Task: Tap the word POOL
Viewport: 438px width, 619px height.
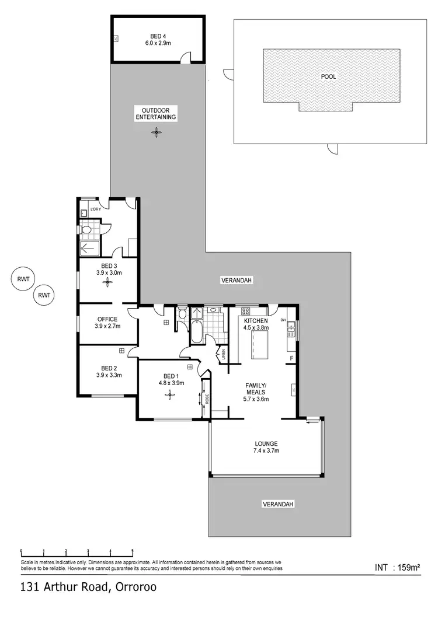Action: point(328,76)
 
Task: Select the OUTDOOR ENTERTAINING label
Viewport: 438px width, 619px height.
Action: point(155,113)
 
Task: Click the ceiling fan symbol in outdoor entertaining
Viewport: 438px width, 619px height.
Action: point(155,133)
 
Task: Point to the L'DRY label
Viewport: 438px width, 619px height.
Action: point(96,209)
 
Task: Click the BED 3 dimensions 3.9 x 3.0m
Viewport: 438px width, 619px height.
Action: point(108,272)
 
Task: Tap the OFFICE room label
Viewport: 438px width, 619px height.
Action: point(108,319)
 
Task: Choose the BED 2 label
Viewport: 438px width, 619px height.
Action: point(109,368)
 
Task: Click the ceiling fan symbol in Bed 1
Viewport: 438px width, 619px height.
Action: point(169,394)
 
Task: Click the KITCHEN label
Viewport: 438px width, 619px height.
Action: point(256,321)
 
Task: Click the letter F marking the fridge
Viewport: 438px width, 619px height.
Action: point(291,358)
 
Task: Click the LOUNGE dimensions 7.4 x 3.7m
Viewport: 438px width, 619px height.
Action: point(266,450)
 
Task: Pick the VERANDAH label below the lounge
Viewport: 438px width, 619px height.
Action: point(277,503)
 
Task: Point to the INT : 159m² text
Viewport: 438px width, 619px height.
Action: point(398,566)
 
